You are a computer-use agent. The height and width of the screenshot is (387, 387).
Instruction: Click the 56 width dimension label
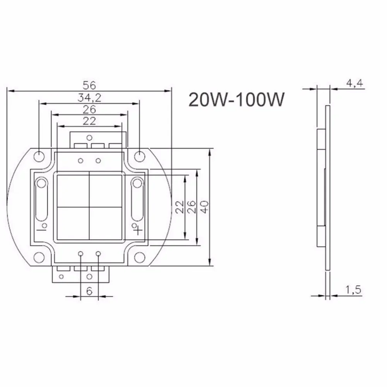tap(89, 86)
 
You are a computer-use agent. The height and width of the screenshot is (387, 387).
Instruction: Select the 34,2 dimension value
tap(89, 98)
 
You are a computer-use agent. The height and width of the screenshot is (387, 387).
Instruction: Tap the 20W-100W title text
tap(236, 99)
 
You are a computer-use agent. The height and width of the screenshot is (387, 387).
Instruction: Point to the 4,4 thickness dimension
tap(354, 83)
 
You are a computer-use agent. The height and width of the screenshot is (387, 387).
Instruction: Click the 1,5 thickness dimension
tap(353, 290)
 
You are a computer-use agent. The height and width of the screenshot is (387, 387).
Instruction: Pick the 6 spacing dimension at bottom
tap(89, 291)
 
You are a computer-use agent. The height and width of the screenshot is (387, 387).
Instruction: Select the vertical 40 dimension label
tap(205, 207)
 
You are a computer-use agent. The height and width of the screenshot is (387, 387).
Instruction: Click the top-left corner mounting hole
tap(39, 156)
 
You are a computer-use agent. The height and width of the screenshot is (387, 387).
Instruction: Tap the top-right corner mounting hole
tap(139, 156)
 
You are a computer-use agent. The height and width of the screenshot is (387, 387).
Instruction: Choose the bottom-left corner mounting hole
tap(39, 258)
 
